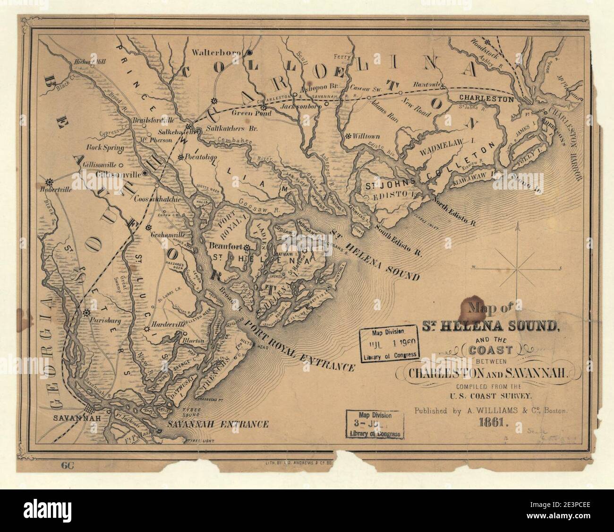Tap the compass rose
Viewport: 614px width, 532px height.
(518, 268)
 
